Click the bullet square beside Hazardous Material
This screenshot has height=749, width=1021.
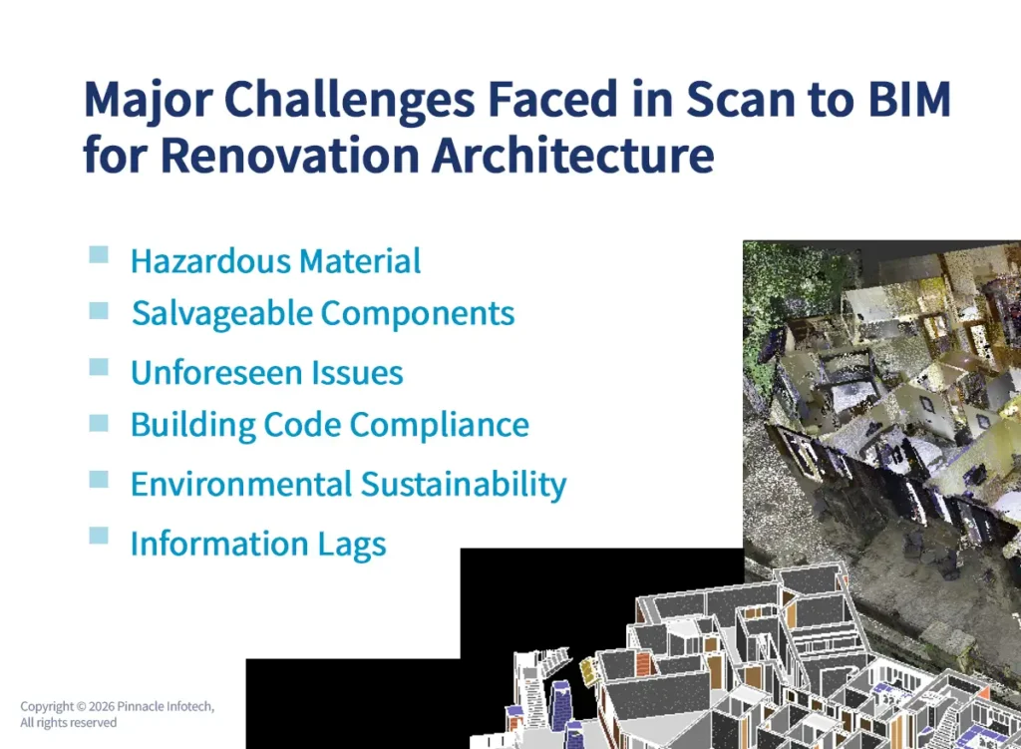click(99, 255)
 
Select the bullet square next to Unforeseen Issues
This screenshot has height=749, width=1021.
click(99, 367)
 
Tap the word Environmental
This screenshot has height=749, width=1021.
click(240, 485)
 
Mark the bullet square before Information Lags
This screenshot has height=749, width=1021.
click(99, 536)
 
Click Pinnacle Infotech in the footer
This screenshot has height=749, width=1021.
click(165, 707)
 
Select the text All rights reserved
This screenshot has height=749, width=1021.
click(68, 723)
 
